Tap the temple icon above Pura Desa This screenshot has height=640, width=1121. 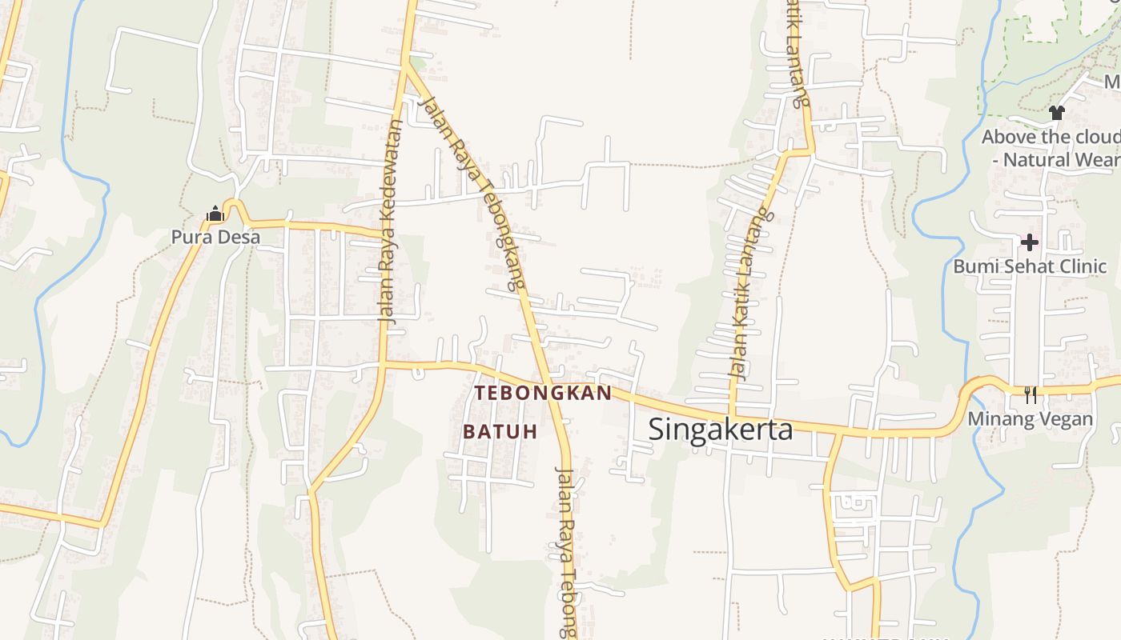215,214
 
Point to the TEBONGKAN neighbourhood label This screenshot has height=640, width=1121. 543,393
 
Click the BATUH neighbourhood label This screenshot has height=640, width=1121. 500,431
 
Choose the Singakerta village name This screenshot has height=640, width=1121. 721,430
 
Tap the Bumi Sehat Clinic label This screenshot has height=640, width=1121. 1030,266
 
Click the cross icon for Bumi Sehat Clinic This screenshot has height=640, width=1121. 1030,242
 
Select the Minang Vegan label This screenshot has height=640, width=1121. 1030,419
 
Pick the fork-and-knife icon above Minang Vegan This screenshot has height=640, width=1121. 1031,394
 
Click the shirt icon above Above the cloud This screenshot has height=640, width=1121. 1057,113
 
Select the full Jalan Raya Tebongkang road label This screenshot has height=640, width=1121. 472,192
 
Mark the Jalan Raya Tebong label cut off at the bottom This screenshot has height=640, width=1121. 567,552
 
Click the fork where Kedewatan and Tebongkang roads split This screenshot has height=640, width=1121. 406,66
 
